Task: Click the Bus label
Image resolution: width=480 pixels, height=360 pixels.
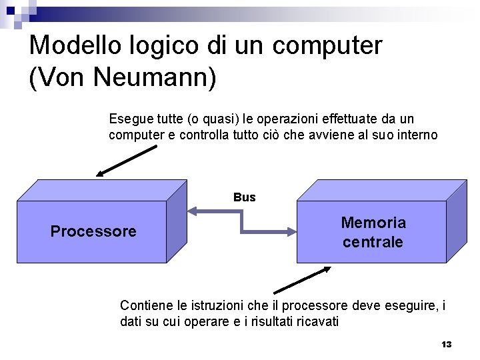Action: click(x=245, y=197)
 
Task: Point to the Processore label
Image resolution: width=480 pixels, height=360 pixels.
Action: click(x=93, y=231)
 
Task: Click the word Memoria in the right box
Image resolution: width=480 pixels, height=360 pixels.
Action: click(x=373, y=222)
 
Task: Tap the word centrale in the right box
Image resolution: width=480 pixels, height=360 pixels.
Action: click(x=373, y=242)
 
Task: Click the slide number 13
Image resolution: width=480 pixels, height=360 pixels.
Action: click(x=447, y=344)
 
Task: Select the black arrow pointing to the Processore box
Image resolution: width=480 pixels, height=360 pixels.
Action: click(x=127, y=161)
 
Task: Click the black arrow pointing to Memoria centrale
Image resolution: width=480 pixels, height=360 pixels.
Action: click(x=302, y=280)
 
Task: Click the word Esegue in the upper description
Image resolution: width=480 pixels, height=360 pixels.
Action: click(x=129, y=119)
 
